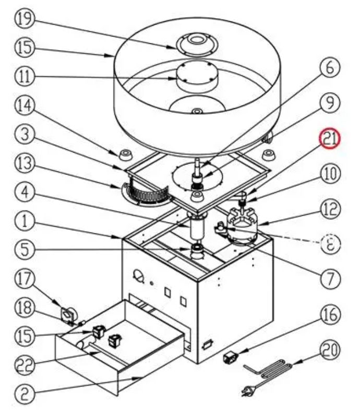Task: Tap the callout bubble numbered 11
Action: click(x=24, y=77)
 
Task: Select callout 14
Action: click(x=24, y=107)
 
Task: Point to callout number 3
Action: click(x=24, y=136)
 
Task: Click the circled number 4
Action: click(x=24, y=193)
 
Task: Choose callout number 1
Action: click(x=24, y=222)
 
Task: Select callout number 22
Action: click(x=24, y=364)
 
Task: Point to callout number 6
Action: click(x=330, y=68)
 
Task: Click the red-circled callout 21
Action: click(x=330, y=139)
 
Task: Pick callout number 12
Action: click(x=330, y=209)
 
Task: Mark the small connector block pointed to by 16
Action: click(x=230, y=358)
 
